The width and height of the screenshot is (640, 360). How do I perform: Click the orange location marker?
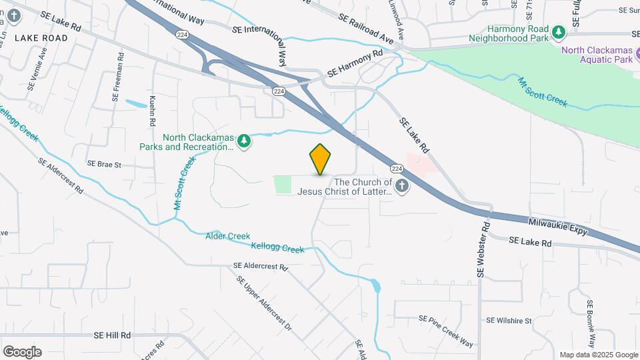[320, 159]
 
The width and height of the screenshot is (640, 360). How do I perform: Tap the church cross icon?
[401, 187]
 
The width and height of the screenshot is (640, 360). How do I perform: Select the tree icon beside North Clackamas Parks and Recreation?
[245, 141]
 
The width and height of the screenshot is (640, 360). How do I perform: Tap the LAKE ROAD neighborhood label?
[41, 38]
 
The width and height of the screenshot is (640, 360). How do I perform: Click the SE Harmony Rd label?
[355, 63]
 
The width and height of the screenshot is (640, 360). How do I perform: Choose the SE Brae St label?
[104, 164]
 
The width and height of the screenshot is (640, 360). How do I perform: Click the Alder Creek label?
[227, 236]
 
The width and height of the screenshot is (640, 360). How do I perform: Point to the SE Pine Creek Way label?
[446, 331]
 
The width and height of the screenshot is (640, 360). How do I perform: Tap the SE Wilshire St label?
[509, 321]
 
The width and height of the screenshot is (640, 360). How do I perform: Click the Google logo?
[22, 351]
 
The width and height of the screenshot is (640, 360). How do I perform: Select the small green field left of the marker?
[283, 185]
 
